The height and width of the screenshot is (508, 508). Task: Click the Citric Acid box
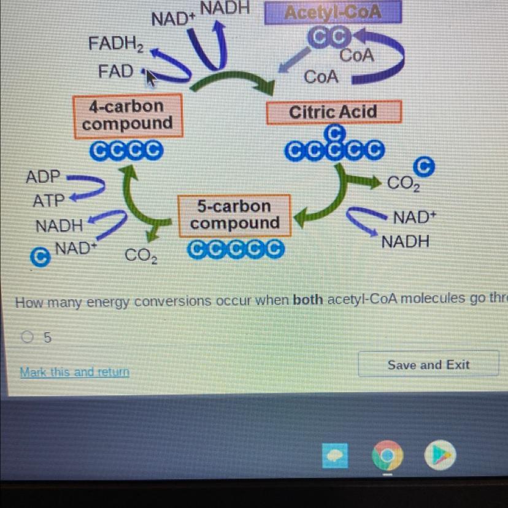[x=333, y=112]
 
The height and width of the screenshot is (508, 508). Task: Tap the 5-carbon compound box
[x=234, y=215]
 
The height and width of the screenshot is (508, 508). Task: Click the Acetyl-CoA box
[x=333, y=12]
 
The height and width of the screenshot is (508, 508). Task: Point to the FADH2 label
[x=116, y=44]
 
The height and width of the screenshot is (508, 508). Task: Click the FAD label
[x=116, y=71]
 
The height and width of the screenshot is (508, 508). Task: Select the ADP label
[x=43, y=177]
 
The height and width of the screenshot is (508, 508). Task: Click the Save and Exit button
[x=428, y=365]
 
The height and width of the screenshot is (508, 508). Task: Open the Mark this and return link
[x=74, y=372]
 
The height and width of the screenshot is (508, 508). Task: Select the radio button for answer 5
[x=26, y=337]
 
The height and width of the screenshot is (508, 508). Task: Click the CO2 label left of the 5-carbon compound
[x=141, y=256]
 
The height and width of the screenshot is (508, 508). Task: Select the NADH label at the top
[x=225, y=7]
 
